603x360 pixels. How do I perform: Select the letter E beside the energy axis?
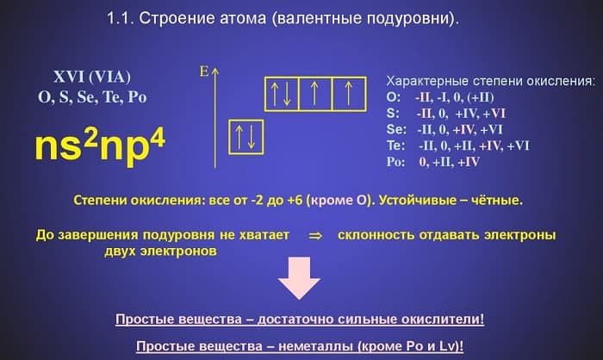[203, 71]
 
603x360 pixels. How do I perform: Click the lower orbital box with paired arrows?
[244, 136]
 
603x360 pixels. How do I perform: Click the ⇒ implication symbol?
[314, 234]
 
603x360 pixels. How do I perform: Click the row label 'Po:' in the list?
[397, 162]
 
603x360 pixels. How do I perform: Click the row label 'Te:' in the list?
[396, 146]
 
